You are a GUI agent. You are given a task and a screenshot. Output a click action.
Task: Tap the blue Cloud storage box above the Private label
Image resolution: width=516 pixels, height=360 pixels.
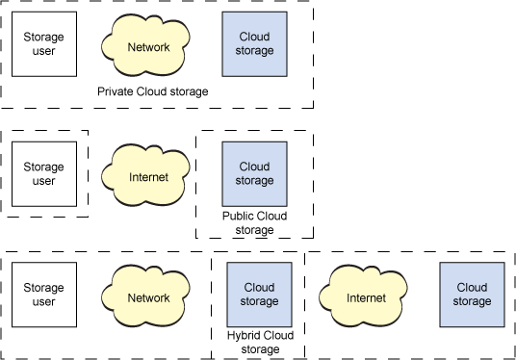pyautogui.click(x=254, y=44)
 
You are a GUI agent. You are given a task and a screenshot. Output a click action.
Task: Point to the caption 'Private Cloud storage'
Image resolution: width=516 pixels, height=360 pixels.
pyautogui.click(x=153, y=91)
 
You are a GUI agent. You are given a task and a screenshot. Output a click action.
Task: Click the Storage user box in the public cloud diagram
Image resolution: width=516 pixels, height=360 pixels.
pyautogui.click(x=44, y=174)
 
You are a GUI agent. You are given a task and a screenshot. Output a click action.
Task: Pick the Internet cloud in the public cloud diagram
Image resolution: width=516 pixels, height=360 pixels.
pyautogui.click(x=148, y=176)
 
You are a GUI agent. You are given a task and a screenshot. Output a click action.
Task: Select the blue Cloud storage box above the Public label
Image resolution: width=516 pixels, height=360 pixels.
pyautogui.click(x=254, y=174)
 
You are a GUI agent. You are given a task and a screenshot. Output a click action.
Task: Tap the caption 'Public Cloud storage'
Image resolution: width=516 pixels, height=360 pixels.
pyautogui.click(x=254, y=223)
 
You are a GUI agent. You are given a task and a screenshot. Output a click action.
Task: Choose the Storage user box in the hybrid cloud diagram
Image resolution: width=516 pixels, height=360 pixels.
pyautogui.click(x=44, y=295)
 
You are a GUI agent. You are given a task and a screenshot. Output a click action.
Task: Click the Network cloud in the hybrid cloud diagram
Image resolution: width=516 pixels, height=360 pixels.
pyautogui.click(x=148, y=297)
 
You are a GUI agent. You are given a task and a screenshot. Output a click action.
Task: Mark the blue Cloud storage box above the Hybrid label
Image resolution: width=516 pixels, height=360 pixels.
pyautogui.click(x=259, y=295)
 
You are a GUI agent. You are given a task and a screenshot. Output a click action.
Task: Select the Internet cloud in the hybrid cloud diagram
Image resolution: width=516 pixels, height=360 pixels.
pyautogui.click(x=366, y=297)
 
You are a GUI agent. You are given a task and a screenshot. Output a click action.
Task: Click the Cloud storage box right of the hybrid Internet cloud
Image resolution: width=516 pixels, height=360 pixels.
pyautogui.click(x=472, y=295)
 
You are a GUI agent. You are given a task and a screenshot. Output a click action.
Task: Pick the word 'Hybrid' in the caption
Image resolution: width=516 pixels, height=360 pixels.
pyautogui.click(x=244, y=336)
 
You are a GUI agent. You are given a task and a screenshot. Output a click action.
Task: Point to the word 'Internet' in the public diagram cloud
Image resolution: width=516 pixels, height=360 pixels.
pyautogui.click(x=148, y=177)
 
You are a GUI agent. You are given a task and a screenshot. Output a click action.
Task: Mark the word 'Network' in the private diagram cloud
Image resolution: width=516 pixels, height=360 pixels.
pyautogui.click(x=148, y=47)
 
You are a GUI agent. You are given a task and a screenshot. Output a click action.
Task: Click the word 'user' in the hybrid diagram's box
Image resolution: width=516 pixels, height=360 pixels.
pyautogui.click(x=44, y=301)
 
